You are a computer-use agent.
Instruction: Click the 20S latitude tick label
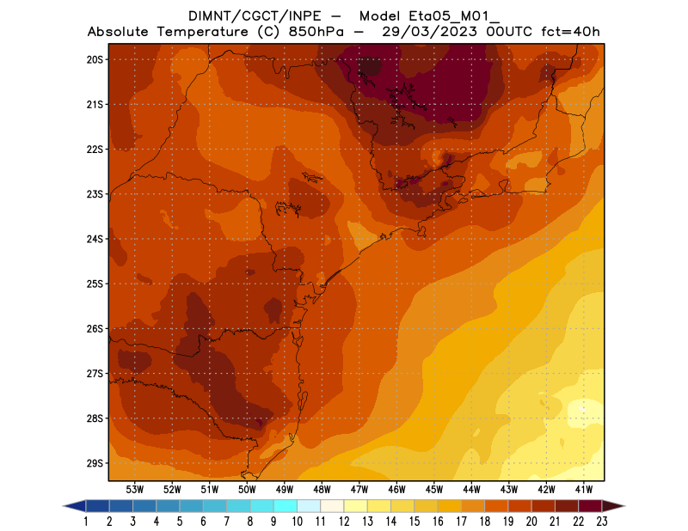95,59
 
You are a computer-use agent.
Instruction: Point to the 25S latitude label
95,284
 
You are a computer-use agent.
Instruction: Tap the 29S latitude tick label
95,463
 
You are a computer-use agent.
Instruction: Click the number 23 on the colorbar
602,522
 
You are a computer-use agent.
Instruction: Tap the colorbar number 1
87,522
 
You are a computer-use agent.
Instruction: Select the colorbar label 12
344,522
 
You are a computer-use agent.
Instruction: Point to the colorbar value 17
462,522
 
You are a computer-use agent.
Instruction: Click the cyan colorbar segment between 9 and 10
286,505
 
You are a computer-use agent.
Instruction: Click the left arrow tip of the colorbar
65,505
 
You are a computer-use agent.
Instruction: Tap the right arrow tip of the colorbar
623,505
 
